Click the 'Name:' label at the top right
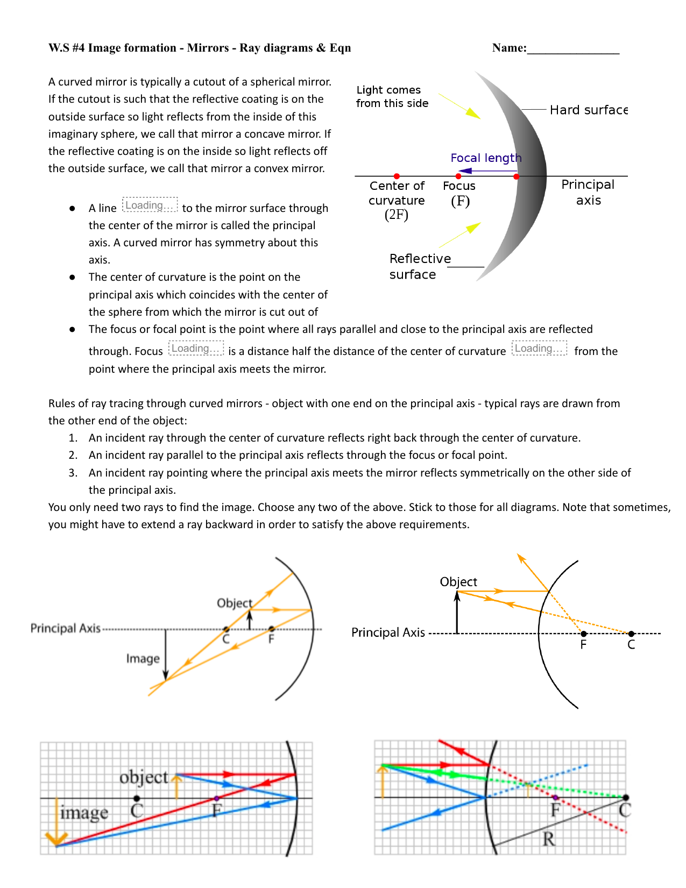509,48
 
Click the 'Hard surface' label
588,110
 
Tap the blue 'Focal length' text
485,158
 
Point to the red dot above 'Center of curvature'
397,176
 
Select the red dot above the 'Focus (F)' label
458,176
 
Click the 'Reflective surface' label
420,266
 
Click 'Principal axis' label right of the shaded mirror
588,192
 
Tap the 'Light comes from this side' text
392,97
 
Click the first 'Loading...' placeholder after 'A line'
150,205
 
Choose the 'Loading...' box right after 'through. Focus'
196,349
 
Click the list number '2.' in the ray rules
73,455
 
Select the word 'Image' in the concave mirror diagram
143,659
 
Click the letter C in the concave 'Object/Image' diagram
226,639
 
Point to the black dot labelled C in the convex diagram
631,634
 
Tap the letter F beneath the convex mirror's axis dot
583,644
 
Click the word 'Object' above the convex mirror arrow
458,582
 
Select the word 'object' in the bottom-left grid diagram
144,777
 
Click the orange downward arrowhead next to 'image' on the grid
56,839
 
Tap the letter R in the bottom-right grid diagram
548,839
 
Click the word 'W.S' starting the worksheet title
59,48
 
